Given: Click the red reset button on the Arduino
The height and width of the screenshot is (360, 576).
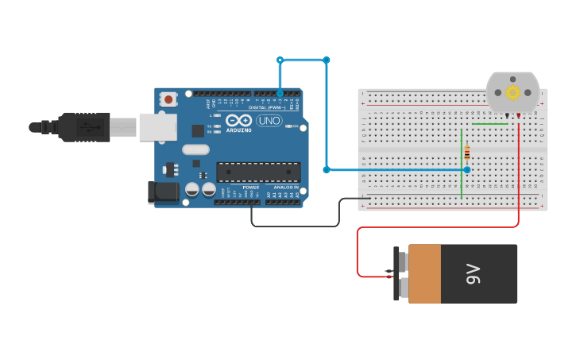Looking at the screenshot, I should (168, 99).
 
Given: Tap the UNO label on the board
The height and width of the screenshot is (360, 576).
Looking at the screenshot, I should (269, 121).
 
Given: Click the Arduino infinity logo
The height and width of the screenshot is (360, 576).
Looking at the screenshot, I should (238, 121).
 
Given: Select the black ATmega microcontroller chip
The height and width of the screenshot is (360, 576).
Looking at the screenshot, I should (258, 172).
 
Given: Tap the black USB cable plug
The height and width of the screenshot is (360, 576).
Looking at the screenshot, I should (83, 127).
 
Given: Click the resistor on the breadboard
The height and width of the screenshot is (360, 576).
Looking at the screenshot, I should (467, 153).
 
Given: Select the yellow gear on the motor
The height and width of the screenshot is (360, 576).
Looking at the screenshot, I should (512, 93).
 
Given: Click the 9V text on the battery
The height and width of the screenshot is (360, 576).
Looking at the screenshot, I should (474, 274).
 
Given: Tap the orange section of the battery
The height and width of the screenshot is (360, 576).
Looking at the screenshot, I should (424, 274).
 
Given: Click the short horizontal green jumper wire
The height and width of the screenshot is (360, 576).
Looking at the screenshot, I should (489, 124).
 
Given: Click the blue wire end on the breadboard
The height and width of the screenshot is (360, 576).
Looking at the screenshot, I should (467, 169).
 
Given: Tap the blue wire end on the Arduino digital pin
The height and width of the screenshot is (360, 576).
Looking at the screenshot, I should (280, 93).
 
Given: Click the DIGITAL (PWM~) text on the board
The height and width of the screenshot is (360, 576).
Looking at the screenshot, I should (267, 106).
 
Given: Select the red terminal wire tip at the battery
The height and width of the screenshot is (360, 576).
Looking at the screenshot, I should (389, 275).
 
